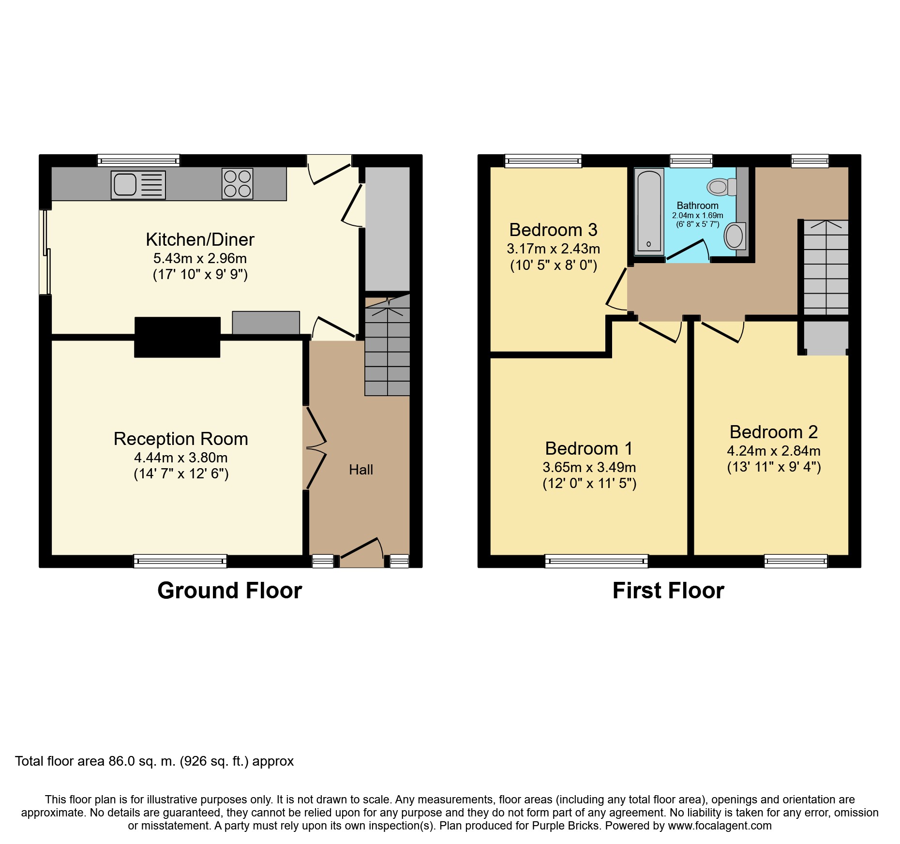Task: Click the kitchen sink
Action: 138,185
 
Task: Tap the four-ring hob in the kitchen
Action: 237,184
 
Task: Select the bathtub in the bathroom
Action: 649,212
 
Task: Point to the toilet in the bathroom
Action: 721,187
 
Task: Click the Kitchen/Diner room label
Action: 200,239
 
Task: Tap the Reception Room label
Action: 181,439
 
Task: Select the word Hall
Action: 361,470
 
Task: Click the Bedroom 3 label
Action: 553,230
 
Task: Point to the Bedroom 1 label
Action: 589,448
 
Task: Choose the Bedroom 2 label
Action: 774,432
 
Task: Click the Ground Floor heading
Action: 230,591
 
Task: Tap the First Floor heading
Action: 668,591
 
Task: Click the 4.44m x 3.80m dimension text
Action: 181,458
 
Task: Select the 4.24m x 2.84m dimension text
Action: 774,451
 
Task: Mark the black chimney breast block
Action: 178,337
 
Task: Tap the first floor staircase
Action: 826,267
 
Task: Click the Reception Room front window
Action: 180,561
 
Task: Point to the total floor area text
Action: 154,761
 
